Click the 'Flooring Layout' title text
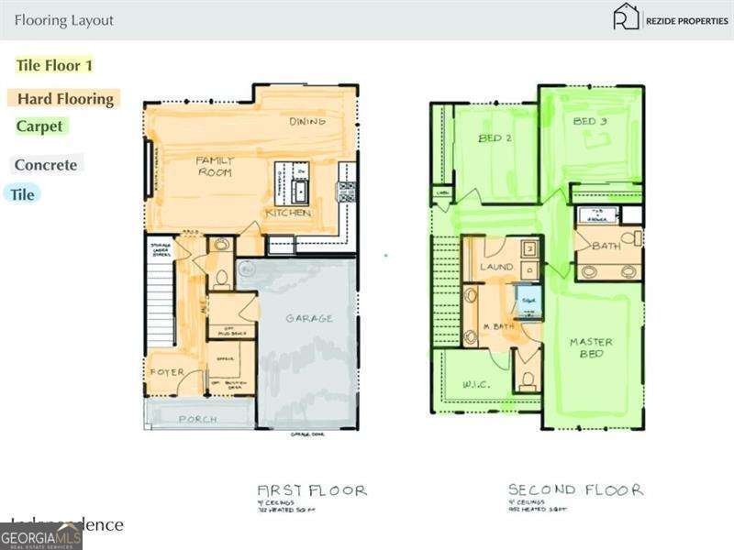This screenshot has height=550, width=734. pos(64,20)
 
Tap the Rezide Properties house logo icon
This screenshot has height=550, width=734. pos(626,17)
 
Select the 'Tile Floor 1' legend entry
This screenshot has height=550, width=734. pos(54,66)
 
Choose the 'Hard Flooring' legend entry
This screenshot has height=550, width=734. pos(65,99)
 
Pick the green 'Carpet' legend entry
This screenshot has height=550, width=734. pos(39,126)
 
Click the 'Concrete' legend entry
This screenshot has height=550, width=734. pos(45,165)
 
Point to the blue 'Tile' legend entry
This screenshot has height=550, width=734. pos(23,194)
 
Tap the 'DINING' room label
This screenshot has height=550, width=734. pos(307,121)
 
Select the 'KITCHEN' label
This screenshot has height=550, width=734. pos(289,213)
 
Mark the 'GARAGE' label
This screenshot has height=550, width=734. pos(308,319)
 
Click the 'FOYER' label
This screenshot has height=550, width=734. pos(166,372)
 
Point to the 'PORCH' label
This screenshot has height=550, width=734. pos(197,419)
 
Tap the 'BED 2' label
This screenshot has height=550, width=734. pos(495,139)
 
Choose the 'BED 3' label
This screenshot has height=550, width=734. pos(590,121)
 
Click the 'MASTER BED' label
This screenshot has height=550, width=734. pos(591,348)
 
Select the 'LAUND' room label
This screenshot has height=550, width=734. pos(496,268)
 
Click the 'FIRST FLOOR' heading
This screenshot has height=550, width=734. pos(312,490)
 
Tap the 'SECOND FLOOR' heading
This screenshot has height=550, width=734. pos(575,490)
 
